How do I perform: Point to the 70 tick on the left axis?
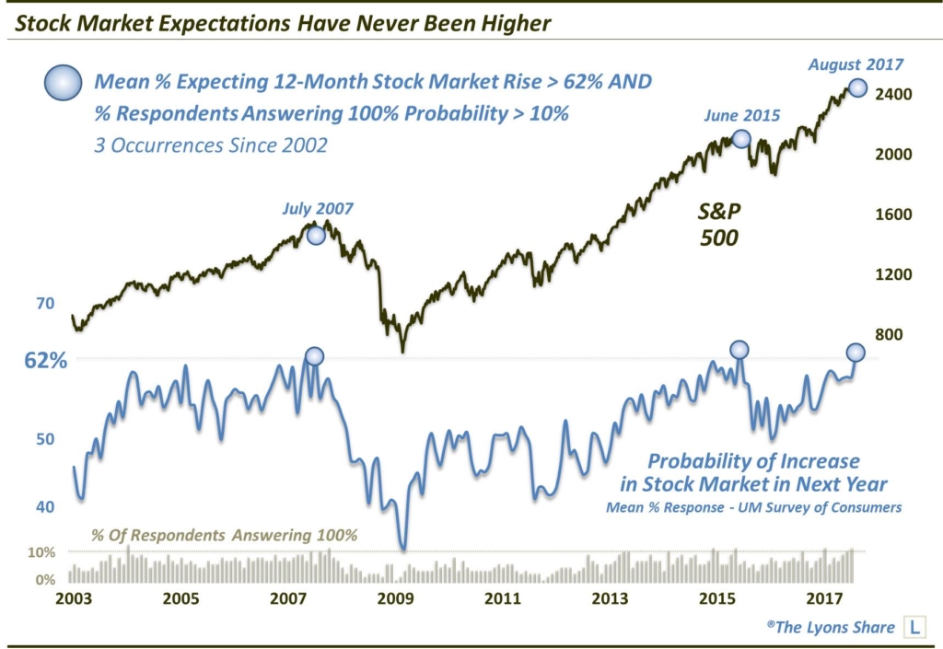point(45,303)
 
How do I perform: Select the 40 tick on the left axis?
point(45,505)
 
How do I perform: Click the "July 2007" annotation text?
point(318,209)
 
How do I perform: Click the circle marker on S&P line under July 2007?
point(316,235)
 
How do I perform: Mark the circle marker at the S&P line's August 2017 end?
point(857,87)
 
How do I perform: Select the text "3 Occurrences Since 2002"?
point(209,145)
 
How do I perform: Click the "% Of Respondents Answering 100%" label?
point(223,535)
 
